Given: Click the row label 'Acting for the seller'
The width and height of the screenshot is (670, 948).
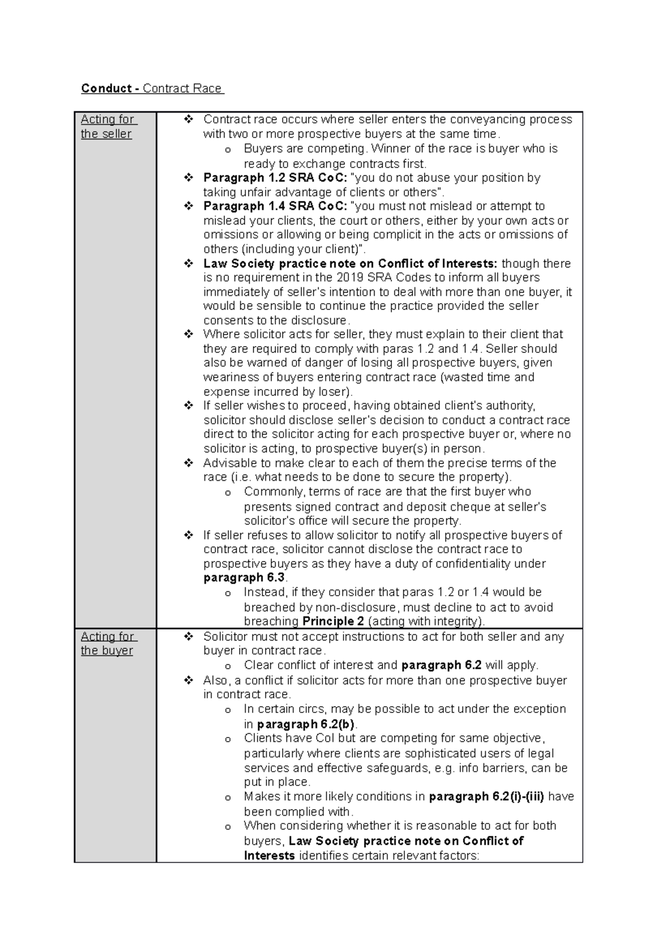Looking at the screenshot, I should pos(107,126).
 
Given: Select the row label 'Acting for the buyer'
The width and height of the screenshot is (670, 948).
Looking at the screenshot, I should pos(107,643).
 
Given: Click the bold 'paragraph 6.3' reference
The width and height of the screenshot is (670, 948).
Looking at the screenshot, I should pos(244,577).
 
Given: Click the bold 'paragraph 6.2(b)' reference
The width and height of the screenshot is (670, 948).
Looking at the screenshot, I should pos(306,724).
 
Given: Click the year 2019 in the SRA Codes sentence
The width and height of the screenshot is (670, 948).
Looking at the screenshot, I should pos(350,277).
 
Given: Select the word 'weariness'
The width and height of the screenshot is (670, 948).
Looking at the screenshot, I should pos(229,377).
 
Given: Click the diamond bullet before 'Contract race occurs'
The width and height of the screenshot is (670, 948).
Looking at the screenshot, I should pos(188,119).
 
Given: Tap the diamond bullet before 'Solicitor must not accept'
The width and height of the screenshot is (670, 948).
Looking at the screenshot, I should pos(188,636).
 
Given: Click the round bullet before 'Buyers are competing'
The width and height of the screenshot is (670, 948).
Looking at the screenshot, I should pos(227,150).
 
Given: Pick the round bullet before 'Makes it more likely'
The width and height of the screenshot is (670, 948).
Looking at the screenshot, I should pos(227,798).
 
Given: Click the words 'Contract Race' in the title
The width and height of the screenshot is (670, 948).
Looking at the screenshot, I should pos(183,88).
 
